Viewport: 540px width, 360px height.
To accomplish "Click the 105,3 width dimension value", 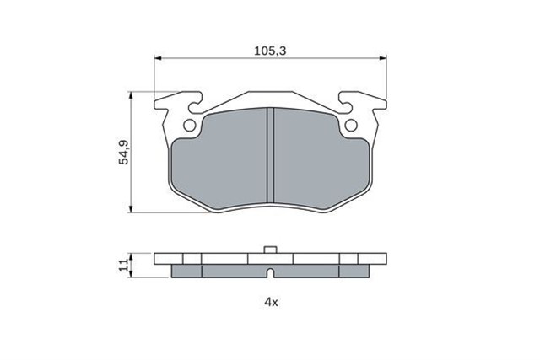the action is point(270,51).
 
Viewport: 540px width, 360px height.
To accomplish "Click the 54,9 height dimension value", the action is point(123,152).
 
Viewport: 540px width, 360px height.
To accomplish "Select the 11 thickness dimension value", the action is point(123,265).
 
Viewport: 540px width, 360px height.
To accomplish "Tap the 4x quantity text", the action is point(271,302).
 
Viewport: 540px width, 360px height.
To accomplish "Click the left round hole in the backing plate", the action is point(189,126).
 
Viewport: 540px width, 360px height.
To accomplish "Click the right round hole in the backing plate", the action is point(351,126).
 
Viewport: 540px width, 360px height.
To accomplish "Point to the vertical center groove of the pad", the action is point(270,155).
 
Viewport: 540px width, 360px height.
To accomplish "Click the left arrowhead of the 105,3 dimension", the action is point(158,58).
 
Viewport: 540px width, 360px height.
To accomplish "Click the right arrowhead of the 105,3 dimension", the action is point(383,58).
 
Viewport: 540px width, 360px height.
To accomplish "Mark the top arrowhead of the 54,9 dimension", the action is point(131,95).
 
